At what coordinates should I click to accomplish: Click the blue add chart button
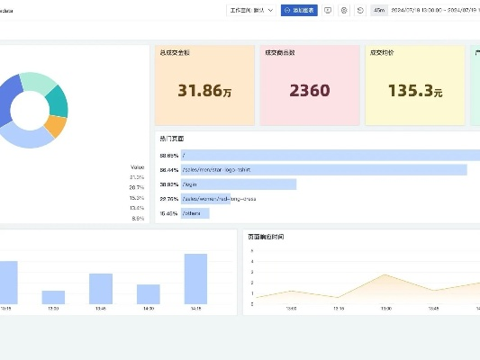click(299, 11)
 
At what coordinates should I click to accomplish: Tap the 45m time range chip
click(380, 11)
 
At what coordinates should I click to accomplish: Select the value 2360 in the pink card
click(310, 90)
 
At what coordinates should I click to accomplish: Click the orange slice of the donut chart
click(55, 127)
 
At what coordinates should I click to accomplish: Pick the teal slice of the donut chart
click(59, 102)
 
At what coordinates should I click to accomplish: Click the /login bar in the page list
click(239, 184)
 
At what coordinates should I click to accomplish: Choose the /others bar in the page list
click(195, 213)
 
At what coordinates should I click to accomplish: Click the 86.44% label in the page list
click(168, 169)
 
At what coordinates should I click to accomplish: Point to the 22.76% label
click(168, 199)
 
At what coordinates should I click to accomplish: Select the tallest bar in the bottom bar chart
click(195, 278)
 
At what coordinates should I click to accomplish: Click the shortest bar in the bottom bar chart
click(53, 297)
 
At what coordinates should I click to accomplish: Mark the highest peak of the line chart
click(385, 275)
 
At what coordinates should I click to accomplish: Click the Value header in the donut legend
click(137, 167)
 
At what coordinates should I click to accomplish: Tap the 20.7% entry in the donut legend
click(137, 187)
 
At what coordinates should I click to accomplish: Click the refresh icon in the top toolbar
click(360, 11)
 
